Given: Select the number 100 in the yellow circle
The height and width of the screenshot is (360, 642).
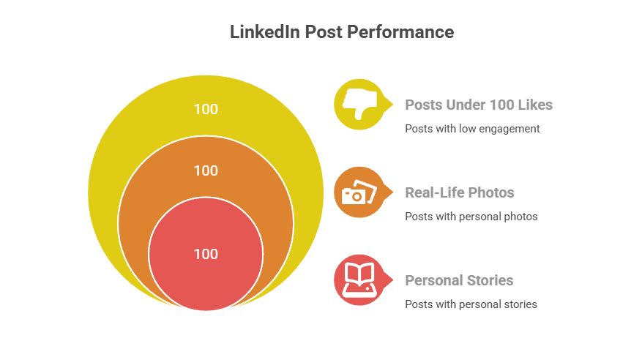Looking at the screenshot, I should pyautogui.click(x=206, y=109).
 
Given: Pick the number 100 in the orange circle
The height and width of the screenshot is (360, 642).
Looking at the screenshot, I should pyautogui.click(x=206, y=170).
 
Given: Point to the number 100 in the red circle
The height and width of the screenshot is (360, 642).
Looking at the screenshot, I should pyautogui.click(x=206, y=254).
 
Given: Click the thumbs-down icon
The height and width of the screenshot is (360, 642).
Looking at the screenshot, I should pyautogui.click(x=359, y=104).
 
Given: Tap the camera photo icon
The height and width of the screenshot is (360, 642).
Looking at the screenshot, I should pyautogui.click(x=359, y=192).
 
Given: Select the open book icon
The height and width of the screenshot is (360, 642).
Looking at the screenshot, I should pyautogui.click(x=359, y=279).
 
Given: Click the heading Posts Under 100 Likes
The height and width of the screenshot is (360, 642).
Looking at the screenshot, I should pyautogui.click(x=479, y=105).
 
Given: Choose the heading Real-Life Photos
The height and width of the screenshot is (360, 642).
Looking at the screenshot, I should pyautogui.click(x=460, y=193).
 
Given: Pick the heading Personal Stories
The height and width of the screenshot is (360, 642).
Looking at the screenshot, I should pyautogui.click(x=460, y=280).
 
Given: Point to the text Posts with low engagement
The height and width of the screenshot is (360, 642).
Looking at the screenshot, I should pyautogui.click(x=472, y=129).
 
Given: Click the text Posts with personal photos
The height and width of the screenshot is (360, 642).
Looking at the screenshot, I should pyautogui.click(x=471, y=217).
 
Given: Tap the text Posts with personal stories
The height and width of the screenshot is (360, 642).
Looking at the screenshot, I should pyautogui.click(x=471, y=304).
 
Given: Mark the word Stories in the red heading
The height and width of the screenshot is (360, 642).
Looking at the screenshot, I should pyautogui.click(x=490, y=280).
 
